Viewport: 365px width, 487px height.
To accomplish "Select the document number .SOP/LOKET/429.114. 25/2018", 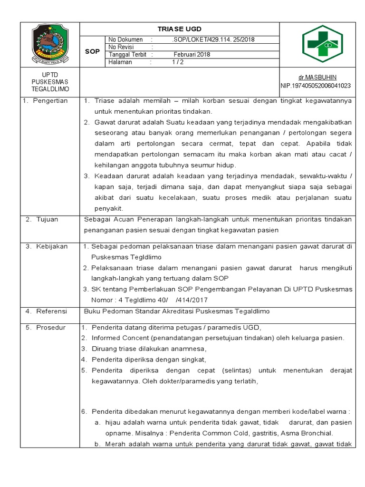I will [213, 40].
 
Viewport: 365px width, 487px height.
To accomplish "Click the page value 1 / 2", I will [178, 62].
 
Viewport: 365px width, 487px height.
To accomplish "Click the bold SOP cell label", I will [92, 51].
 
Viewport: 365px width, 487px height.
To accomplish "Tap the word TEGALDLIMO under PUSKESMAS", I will [49, 89].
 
